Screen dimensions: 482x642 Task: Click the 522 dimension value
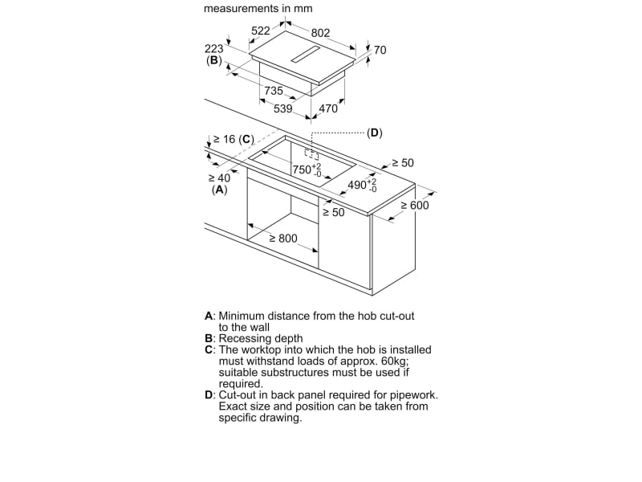pyautogui.click(x=261, y=31)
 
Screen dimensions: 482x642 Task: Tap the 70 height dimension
pyautogui.click(x=380, y=50)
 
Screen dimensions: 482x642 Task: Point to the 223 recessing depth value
pyautogui.click(x=213, y=48)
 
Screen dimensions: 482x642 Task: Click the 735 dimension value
pyautogui.click(x=274, y=91)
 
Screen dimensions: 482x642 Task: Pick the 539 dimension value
pyautogui.click(x=283, y=108)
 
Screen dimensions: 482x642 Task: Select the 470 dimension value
pyautogui.click(x=328, y=108)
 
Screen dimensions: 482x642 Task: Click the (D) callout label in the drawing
pyautogui.click(x=375, y=133)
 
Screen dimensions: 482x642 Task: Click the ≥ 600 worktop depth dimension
pyautogui.click(x=415, y=206)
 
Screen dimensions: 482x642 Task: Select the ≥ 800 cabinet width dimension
pyautogui.click(x=282, y=239)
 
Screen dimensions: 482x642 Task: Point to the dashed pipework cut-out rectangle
pyautogui.click(x=311, y=153)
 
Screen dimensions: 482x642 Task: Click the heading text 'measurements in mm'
pyautogui.click(x=258, y=9)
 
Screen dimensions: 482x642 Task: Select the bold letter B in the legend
pyautogui.click(x=209, y=339)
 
